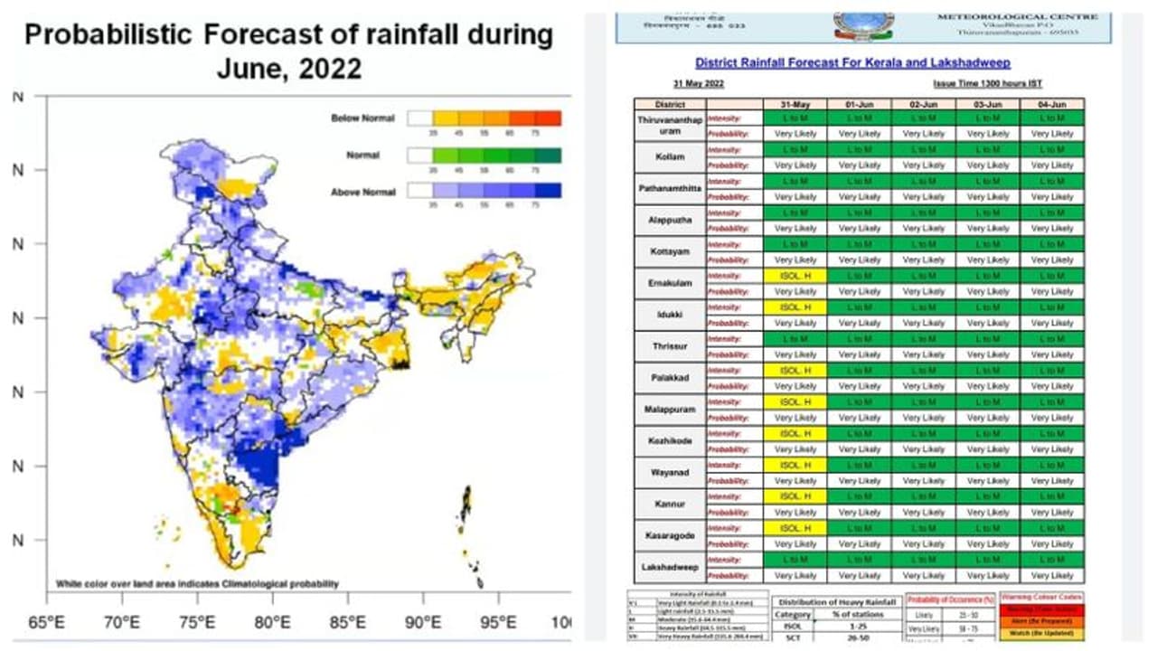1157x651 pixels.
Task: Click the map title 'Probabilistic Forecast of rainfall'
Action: [x=288, y=36]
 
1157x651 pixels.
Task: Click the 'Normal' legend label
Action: [x=363, y=156]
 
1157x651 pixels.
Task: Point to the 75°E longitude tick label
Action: [x=197, y=622]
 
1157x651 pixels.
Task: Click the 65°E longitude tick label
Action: [x=46, y=622]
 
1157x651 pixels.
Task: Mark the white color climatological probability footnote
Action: [x=197, y=584]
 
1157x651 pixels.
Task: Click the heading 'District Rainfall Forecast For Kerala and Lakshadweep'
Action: [x=852, y=63]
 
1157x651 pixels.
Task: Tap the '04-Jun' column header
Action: [x=1052, y=105]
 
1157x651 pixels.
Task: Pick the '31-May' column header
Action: [x=795, y=105]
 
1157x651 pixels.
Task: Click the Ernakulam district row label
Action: [x=672, y=283]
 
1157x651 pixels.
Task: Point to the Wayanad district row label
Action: [x=671, y=472]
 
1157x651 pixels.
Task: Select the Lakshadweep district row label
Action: [x=671, y=567]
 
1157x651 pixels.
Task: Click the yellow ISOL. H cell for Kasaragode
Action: [x=795, y=528]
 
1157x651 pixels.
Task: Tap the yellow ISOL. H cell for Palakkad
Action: [x=795, y=370]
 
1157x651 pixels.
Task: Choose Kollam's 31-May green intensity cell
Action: [x=795, y=149]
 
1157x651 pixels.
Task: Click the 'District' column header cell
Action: [x=671, y=105]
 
